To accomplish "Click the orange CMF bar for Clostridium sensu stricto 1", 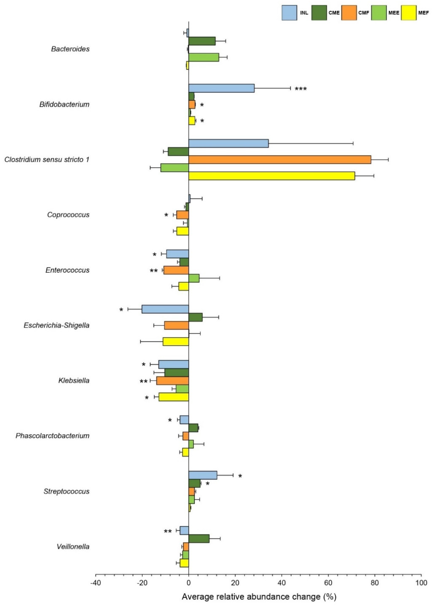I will [279, 160].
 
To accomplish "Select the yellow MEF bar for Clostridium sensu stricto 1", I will [271, 176].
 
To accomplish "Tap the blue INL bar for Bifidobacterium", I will [221, 88].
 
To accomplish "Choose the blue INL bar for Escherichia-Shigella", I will [165, 309].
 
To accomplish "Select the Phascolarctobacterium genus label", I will [52, 436].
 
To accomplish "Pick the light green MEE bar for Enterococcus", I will [194, 278].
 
